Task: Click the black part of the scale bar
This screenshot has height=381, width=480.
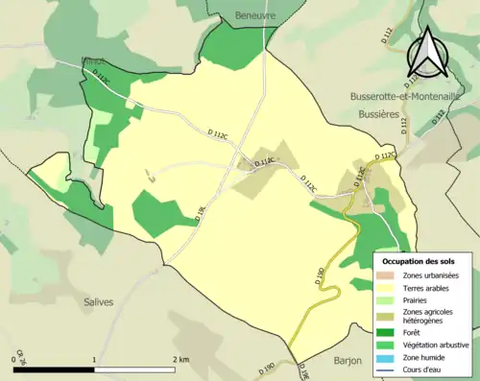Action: (x=56, y=369)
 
